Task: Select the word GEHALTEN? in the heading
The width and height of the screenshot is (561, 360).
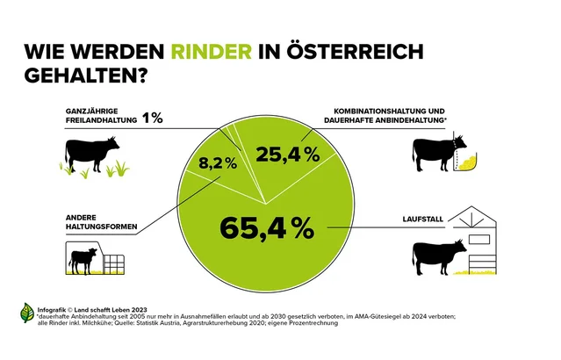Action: [x=84, y=76]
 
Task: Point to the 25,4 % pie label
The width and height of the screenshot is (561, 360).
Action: [x=288, y=155]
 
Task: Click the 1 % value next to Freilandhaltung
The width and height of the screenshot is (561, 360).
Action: [x=153, y=118]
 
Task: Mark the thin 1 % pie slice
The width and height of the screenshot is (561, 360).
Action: [x=230, y=134]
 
